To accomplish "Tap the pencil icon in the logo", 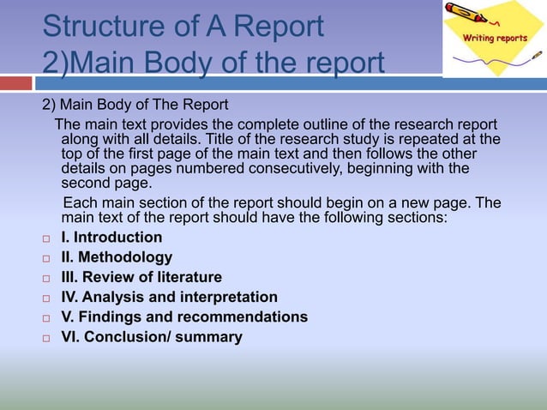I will pos(470,15).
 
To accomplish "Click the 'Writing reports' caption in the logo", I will pos(496,38).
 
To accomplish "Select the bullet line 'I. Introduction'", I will pos(111,238).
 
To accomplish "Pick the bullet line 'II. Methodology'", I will pos(117,257).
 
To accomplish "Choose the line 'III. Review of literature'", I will pos(141,277).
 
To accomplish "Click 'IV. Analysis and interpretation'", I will pos(170,297).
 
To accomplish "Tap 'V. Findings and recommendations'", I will pos(184,317).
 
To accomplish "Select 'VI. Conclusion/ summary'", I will pos(152,337).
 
